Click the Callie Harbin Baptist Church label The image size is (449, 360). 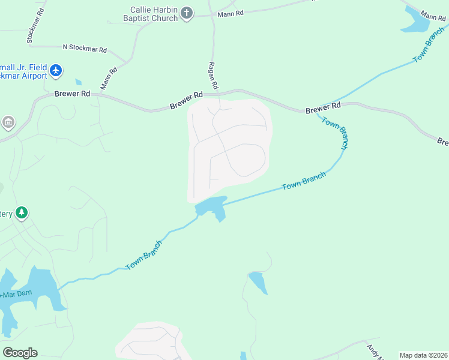coord(154,14)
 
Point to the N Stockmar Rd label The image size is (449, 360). coord(85,48)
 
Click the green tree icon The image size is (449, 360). coord(22,213)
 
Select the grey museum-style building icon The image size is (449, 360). coord(8,123)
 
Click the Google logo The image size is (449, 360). coord(20,353)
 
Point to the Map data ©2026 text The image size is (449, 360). coord(423,355)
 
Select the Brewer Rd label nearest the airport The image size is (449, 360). coord(72,94)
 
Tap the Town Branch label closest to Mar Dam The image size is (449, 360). coord(144,256)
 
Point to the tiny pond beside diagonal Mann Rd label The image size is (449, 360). coord(79,82)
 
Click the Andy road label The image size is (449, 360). coord(375,350)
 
